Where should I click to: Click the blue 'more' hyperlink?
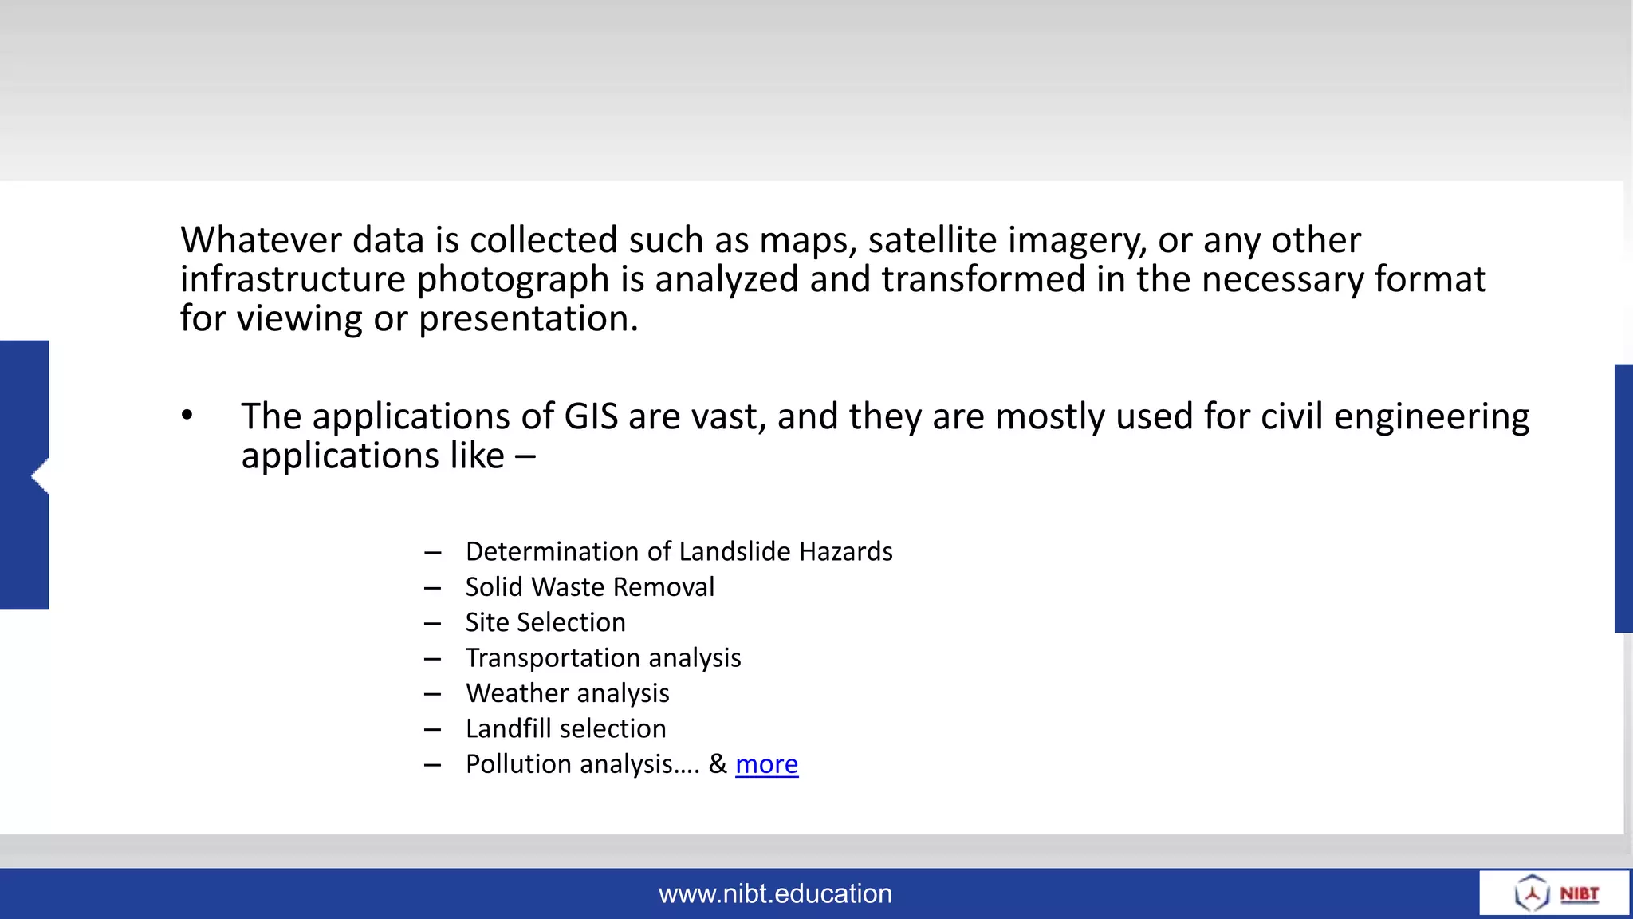coord(766,764)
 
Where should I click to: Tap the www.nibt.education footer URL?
coord(775,893)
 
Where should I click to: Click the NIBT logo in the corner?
coord(1555,893)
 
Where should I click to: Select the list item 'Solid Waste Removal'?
coord(590,587)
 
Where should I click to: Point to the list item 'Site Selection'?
coord(545,622)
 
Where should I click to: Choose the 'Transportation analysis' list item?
coord(603,658)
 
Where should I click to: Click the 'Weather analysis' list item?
coord(567,693)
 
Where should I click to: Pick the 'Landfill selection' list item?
coord(565,729)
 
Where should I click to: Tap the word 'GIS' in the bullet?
coord(591,417)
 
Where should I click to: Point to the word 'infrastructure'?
coord(293,279)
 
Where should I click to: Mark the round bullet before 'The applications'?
coord(187,415)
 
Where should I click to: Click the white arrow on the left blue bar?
coord(39,476)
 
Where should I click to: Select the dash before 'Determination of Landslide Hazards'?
coord(433,553)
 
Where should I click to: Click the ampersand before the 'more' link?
coord(718,764)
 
